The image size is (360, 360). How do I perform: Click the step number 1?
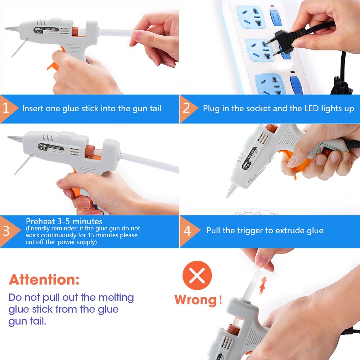[6, 108]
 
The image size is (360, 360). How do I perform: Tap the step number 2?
[186, 108]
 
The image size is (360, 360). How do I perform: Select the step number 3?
[6, 231]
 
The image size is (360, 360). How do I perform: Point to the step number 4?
[187, 231]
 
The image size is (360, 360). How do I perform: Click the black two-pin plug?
[284, 39]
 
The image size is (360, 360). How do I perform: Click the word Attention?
[44, 279]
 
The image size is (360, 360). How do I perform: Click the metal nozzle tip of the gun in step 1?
[11, 28]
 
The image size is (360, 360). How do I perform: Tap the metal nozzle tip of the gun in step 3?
[14, 138]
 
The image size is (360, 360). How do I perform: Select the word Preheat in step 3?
[39, 221]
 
